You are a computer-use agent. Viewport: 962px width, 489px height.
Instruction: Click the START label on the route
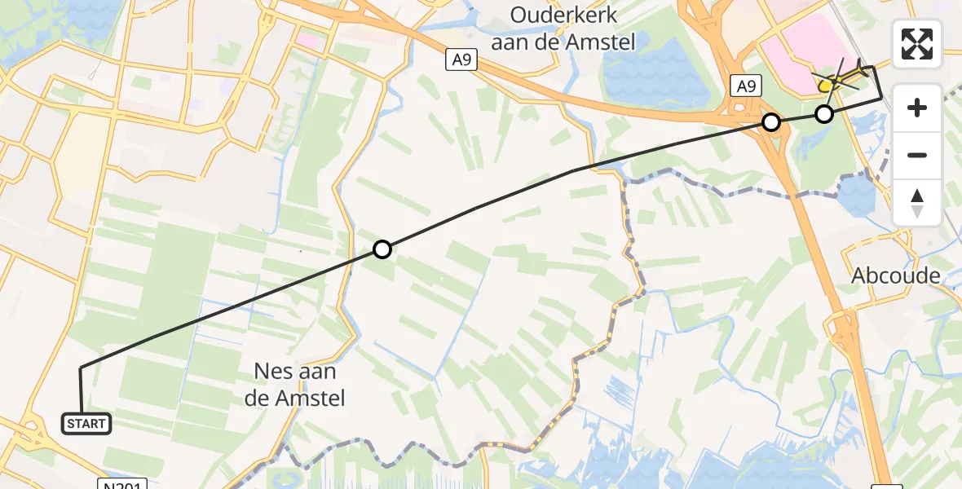[86, 424]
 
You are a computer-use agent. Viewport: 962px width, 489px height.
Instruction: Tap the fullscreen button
[917, 44]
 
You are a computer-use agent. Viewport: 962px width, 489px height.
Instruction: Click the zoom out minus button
[917, 155]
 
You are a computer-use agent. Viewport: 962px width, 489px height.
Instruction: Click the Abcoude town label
[896, 275]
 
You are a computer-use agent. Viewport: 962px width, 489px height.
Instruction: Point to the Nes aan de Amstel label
[300, 385]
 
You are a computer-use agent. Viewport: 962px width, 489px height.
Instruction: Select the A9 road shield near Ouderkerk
[461, 60]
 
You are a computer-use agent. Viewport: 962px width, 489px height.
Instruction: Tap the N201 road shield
[125, 484]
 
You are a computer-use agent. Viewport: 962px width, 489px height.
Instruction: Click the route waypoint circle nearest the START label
[382, 249]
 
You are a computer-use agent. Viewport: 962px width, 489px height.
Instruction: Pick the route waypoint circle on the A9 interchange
[770, 122]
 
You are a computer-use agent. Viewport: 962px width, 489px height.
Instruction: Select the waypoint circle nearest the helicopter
[824, 114]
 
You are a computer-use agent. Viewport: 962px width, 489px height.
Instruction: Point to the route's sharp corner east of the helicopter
[880, 98]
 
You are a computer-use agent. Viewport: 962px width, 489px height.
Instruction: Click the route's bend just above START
[81, 369]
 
